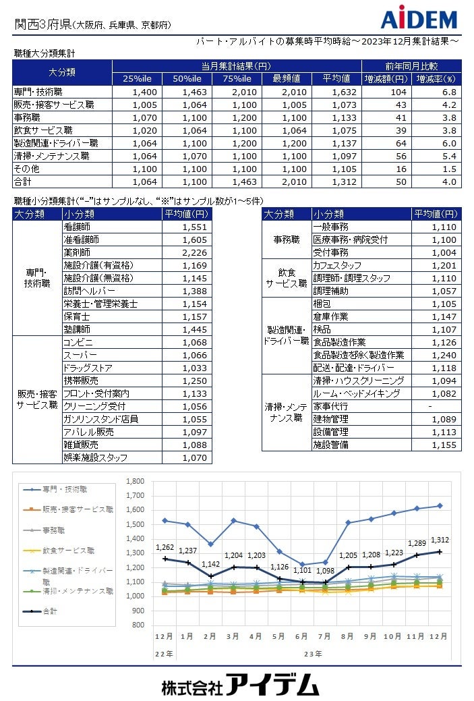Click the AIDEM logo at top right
coord(419,18)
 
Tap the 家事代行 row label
coord(330,406)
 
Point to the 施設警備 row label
coord(330,445)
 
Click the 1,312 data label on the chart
coord(440,540)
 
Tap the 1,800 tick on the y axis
coord(135,482)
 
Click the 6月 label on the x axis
coord(301,636)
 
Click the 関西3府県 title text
coord(42,24)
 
